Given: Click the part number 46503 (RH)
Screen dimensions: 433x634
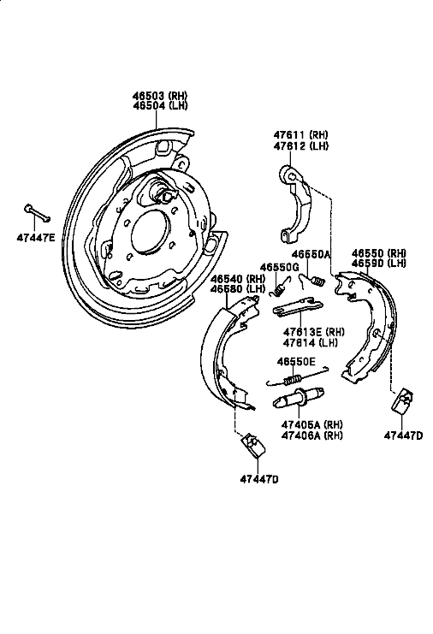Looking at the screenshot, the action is [x=160, y=96].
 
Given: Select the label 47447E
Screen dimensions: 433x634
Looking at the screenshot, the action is [x=36, y=238].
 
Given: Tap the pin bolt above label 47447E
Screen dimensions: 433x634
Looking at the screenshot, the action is [x=37, y=213].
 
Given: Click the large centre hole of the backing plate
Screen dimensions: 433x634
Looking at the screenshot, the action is [x=149, y=232].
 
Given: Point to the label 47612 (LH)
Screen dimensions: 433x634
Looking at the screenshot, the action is [x=301, y=146].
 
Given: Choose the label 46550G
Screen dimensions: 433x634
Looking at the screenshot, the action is [x=279, y=267].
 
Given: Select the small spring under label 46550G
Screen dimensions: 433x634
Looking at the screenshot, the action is [x=280, y=287].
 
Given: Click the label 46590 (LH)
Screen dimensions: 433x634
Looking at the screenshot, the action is [x=379, y=264].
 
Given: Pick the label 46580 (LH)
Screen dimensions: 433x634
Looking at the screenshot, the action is [x=238, y=289].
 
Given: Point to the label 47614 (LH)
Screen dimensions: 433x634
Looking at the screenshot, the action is [x=311, y=342].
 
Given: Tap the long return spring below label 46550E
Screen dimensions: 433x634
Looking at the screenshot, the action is [x=297, y=377].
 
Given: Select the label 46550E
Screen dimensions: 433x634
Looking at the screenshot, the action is [x=296, y=361].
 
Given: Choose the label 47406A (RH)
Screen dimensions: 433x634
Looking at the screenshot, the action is [x=311, y=435].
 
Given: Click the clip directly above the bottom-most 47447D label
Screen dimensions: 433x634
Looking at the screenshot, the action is [x=253, y=446].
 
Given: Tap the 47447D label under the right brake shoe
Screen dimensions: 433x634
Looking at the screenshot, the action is [x=404, y=435].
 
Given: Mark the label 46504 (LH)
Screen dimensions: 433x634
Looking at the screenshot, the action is [x=160, y=105].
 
